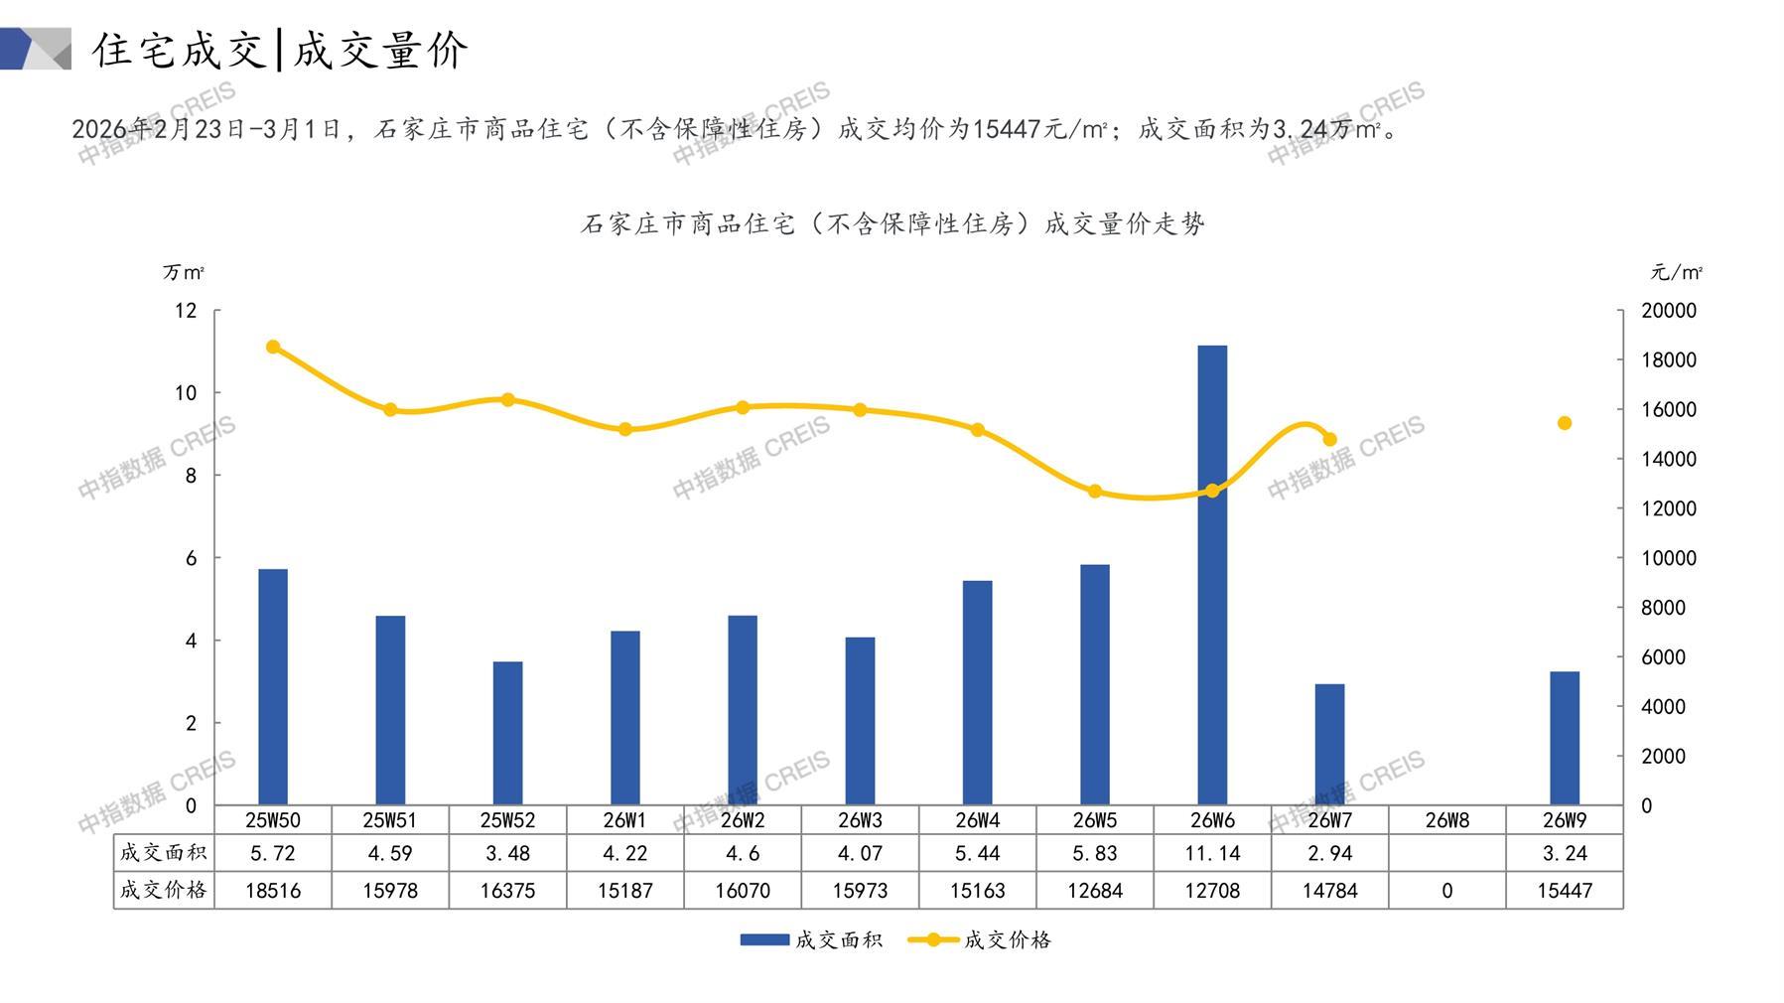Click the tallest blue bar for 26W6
[x=1212, y=576]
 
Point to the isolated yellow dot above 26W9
[x=1565, y=423]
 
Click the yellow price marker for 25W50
[x=273, y=348]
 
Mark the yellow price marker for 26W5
[x=1095, y=492]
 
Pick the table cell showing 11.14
[x=1212, y=853]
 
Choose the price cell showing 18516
[x=273, y=891]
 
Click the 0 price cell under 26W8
[x=1447, y=891]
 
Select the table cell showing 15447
[x=1565, y=891]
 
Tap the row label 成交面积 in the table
[x=164, y=852]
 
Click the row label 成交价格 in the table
[x=164, y=890]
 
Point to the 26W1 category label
[x=624, y=820]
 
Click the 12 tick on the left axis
[x=186, y=311]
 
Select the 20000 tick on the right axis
[x=1669, y=311]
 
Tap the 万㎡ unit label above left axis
[x=184, y=272]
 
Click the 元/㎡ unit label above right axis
[x=1676, y=272]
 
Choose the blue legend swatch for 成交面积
[x=764, y=939]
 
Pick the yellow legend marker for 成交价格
[x=933, y=939]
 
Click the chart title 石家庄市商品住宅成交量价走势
[x=892, y=224]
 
